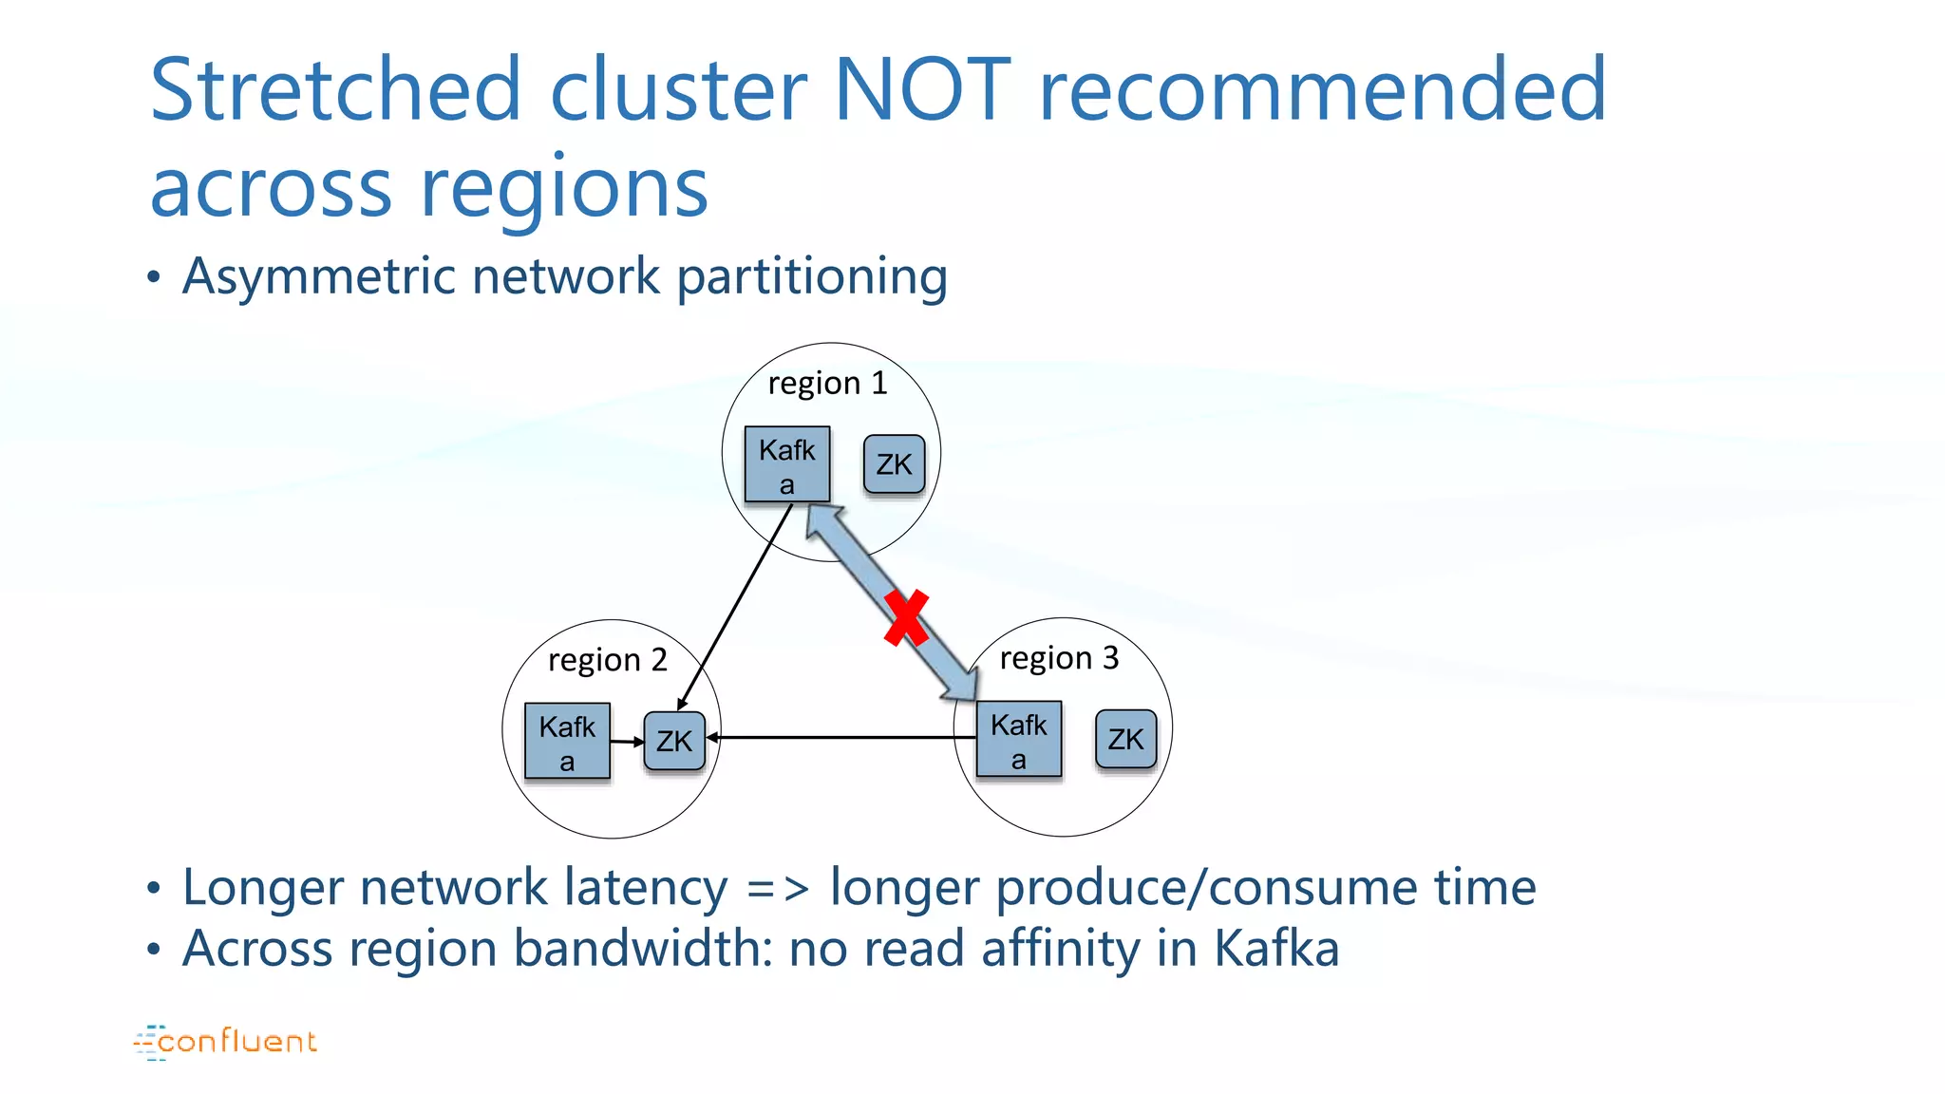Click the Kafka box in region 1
point(786,464)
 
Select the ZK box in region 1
point(894,464)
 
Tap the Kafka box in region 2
point(567,742)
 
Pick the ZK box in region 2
point(674,741)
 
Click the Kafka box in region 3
point(1019,740)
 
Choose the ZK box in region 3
point(1125,739)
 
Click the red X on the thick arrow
point(906,618)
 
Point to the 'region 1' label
point(827,383)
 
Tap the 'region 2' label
point(608,659)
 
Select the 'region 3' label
point(1059,657)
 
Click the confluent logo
point(226,1042)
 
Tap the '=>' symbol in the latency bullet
point(778,889)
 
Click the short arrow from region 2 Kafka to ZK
point(627,741)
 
